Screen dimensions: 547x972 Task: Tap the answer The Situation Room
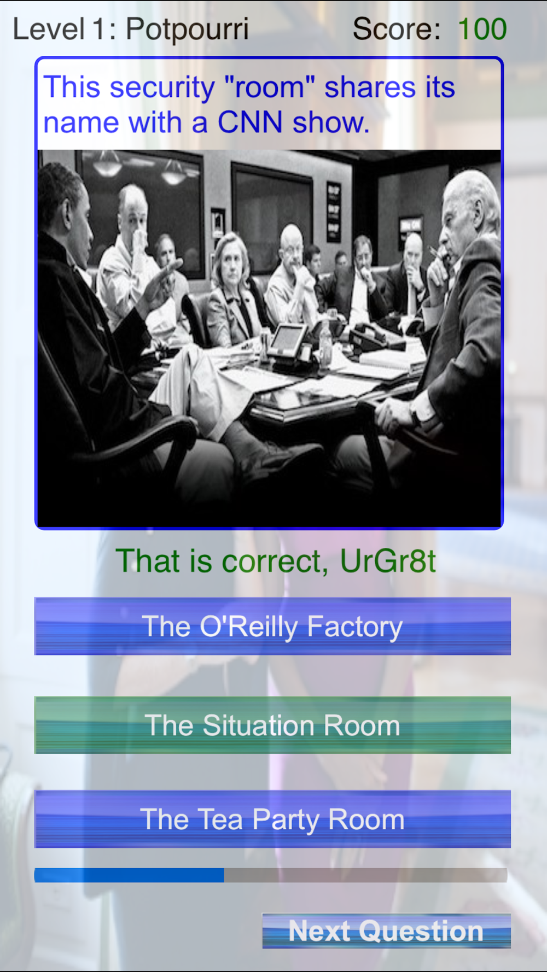(x=272, y=725)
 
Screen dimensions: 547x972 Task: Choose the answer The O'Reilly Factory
(x=272, y=626)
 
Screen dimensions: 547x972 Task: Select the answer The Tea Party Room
(x=272, y=819)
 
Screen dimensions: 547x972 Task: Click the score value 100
(x=482, y=29)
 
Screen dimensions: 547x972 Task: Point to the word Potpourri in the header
(x=187, y=30)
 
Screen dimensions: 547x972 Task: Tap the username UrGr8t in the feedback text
(x=388, y=561)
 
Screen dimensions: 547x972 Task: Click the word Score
(x=395, y=29)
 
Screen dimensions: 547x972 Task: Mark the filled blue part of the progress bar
(x=129, y=875)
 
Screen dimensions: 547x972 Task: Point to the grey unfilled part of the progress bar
(x=365, y=875)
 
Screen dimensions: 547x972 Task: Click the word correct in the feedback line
(x=271, y=562)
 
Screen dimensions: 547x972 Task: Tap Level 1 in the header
(x=65, y=29)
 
